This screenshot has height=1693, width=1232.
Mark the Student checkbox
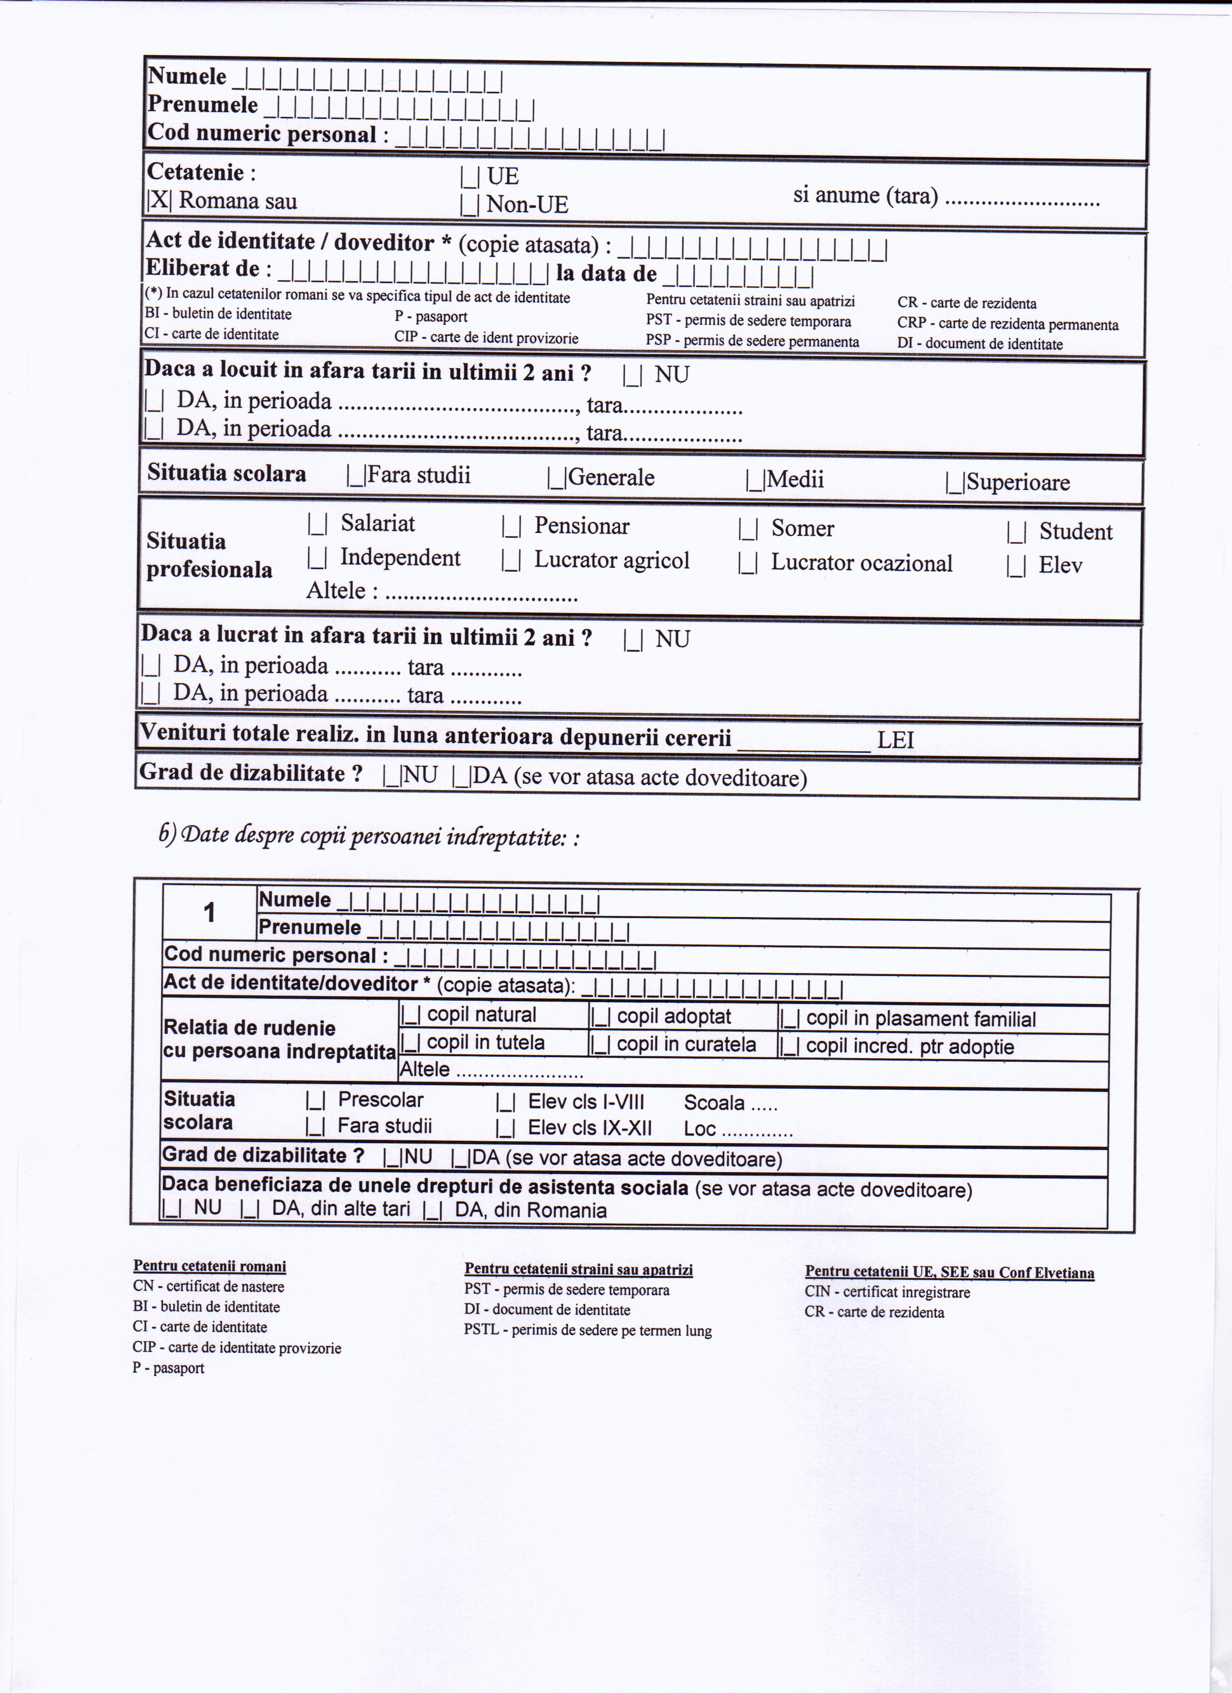click(1016, 533)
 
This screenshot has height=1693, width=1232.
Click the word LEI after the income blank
click(895, 741)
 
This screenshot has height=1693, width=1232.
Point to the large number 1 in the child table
click(210, 912)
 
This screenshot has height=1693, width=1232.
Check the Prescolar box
click(315, 1101)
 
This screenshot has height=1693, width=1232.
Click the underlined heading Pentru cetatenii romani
click(210, 1266)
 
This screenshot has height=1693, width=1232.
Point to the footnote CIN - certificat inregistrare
click(887, 1292)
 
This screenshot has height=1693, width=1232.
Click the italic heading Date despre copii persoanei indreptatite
click(370, 837)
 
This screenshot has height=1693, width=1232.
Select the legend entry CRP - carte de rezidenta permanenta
click(1007, 324)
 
